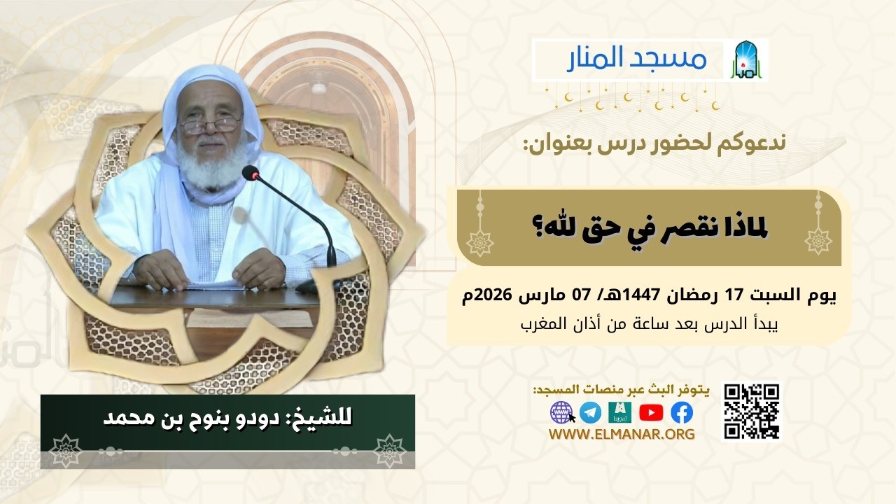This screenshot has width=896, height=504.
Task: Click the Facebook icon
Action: point(681,413)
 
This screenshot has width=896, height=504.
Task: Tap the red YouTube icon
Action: point(650,413)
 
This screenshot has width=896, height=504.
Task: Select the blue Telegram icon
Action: point(590,413)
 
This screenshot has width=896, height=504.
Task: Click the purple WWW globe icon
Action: point(561,412)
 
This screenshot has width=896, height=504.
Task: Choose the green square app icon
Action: point(619,413)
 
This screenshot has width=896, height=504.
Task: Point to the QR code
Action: point(751,412)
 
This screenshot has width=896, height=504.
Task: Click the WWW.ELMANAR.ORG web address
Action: point(622,435)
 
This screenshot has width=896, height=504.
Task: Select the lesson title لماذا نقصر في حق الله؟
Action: point(649,227)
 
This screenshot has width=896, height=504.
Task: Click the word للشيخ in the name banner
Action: point(326,419)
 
